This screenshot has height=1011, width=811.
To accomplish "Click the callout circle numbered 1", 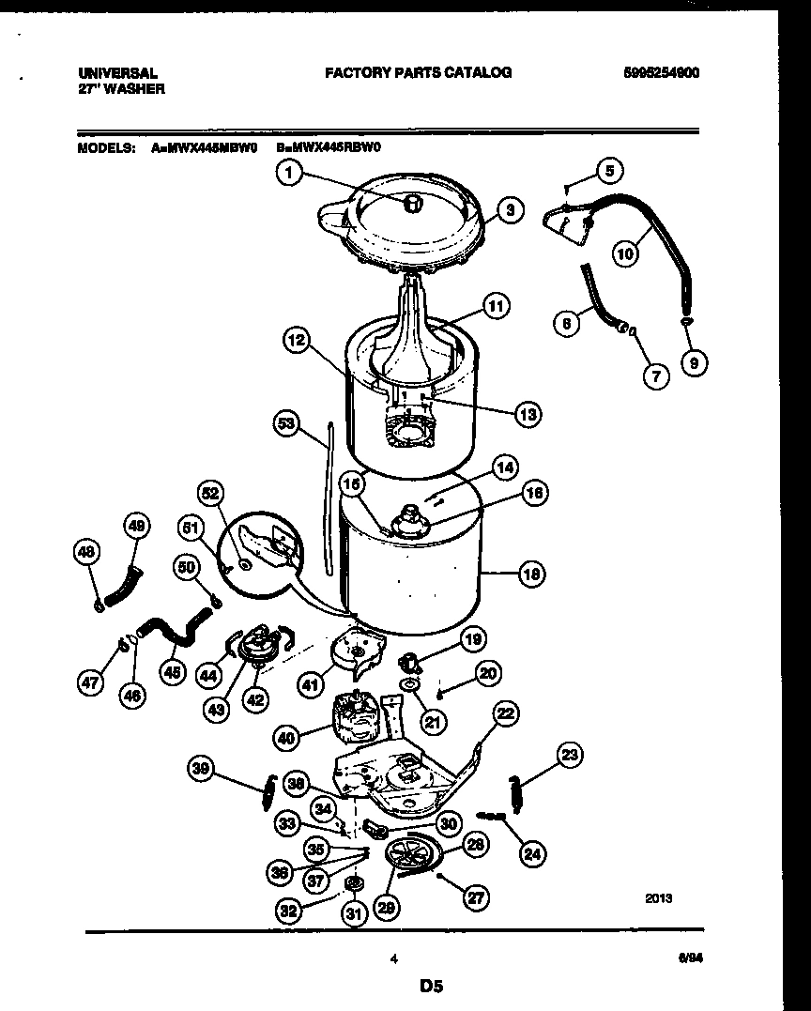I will click(x=291, y=174).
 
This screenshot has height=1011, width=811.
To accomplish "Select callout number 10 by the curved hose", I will click(x=626, y=252).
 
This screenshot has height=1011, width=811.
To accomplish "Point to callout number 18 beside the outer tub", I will click(x=531, y=573).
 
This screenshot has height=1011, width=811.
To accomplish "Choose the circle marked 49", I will click(x=136, y=528).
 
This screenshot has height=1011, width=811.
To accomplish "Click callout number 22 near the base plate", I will click(x=505, y=715).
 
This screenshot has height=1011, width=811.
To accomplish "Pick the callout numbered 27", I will click(x=476, y=897).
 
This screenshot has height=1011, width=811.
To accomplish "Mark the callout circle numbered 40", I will click(x=287, y=738).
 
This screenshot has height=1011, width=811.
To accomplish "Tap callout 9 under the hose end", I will click(x=695, y=362).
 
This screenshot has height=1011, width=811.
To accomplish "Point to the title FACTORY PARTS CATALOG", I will click(x=418, y=72).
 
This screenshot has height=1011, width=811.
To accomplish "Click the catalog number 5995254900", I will click(x=661, y=72).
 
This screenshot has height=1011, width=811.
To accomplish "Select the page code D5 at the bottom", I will click(x=431, y=986).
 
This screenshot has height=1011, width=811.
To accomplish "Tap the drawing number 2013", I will click(x=658, y=897).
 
